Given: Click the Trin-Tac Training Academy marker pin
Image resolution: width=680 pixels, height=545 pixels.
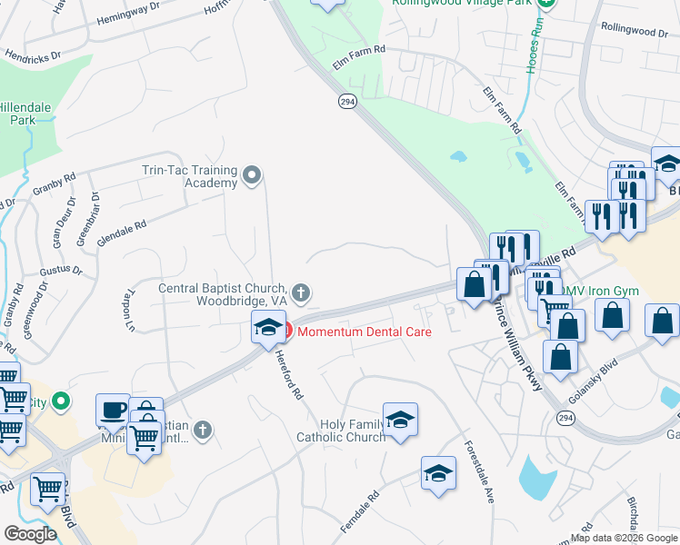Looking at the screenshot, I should point(254,173).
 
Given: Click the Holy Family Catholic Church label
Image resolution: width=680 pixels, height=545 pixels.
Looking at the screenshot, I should point(340,431).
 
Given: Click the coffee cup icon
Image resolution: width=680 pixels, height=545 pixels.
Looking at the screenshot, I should point(113,410).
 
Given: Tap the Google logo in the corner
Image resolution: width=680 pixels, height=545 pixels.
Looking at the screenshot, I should point(30,533).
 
